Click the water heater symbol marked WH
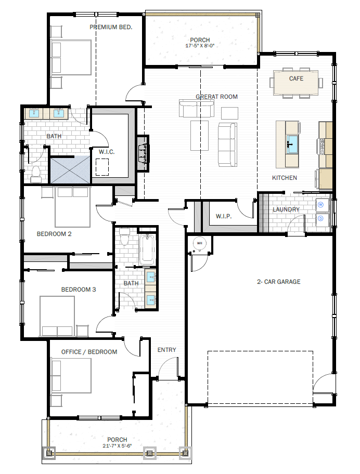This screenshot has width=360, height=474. point(199,243)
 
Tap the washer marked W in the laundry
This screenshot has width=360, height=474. point(320,205)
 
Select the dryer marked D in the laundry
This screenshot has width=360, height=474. point(320,218)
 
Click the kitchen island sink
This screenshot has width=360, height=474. point(292,144)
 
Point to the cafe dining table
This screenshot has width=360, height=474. point(296,83)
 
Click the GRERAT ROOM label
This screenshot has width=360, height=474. point(216,97)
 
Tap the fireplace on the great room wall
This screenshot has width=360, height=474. point(143,153)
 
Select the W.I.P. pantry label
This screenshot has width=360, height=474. point(224,216)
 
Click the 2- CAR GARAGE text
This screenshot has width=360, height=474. point(279,282)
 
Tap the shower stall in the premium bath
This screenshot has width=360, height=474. point(70,170)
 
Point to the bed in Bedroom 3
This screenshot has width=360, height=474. point(57,316)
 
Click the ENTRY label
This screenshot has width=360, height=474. point(166,350)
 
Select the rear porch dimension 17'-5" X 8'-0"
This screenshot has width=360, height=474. point(200,46)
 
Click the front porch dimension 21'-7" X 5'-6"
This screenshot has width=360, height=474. point(117,445)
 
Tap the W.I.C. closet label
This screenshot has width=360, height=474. point(107,152)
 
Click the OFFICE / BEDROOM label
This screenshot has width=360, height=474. point(89,352)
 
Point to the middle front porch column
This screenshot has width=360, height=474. point(149,453)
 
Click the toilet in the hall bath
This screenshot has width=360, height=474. point(124,237)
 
